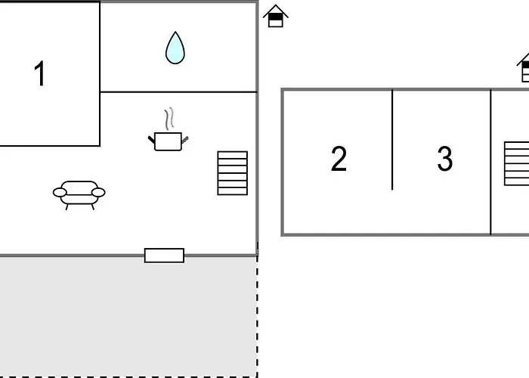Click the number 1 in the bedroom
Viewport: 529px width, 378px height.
[40, 74]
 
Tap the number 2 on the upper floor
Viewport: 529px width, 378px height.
[339, 160]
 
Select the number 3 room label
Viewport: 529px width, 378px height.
[444, 160]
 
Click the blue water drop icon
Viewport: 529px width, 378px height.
[175, 48]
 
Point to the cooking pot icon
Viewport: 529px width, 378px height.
[168, 140]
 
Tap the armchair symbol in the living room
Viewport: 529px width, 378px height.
[79, 194]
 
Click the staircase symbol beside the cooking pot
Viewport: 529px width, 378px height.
[232, 173]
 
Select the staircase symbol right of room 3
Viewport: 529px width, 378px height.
[517, 163]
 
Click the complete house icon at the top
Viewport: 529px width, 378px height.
[276, 16]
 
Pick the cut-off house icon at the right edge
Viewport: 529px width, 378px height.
[524, 68]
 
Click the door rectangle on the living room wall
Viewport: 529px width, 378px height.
[164, 256]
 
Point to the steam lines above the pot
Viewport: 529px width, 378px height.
[170, 119]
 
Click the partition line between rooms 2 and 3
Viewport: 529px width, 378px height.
[392, 140]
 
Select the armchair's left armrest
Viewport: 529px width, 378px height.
[58, 193]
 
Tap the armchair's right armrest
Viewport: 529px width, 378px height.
[99, 193]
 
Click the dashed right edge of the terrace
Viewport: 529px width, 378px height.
[258, 318]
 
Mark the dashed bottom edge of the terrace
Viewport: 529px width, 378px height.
[128, 376]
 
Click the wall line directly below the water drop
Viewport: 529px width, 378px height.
[178, 92]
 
